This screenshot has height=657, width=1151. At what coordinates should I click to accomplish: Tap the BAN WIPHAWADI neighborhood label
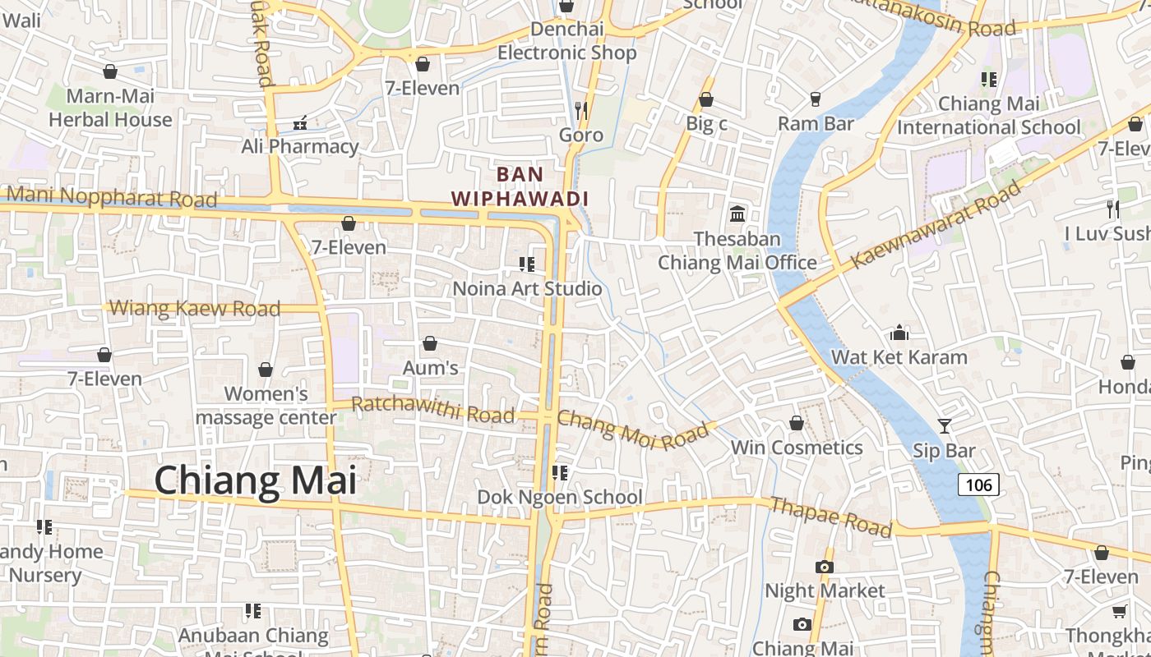click(x=520, y=186)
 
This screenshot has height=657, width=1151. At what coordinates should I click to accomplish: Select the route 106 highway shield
click(x=978, y=485)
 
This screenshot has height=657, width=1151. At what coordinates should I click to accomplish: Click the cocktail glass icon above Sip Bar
click(x=944, y=425)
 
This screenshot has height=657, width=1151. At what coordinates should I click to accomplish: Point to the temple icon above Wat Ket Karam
click(x=899, y=333)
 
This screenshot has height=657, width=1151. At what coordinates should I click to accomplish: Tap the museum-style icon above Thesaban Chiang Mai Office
click(x=737, y=214)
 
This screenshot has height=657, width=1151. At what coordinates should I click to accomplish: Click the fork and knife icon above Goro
click(x=581, y=109)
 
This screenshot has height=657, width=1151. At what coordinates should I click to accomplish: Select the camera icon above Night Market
click(x=825, y=567)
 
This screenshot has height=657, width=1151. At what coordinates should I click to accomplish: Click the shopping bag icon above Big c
click(x=705, y=99)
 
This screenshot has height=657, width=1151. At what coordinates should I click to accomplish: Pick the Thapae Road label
click(x=830, y=517)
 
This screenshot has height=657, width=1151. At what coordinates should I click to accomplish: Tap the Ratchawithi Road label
click(x=432, y=410)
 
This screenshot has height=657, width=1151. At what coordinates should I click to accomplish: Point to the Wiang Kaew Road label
click(x=195, y=309)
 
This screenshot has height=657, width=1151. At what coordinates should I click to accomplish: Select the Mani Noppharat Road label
click(x=111, y=197)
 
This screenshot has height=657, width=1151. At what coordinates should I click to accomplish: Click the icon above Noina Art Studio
click(x=527, y=264)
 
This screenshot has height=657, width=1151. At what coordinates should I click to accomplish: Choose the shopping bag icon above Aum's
click(x=429, y=342)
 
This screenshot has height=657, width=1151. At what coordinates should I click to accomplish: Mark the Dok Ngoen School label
click(x=560, y=497)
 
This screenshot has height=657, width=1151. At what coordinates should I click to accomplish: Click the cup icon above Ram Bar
click(x=816, y=99)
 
